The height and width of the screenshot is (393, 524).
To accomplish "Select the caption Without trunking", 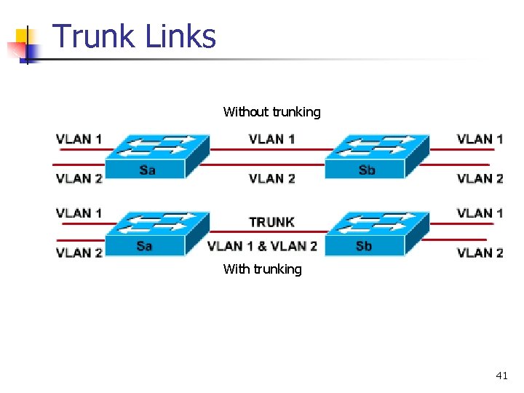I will pyautogui.click(x=271, y=112).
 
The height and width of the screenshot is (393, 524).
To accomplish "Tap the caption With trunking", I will pyautogui.click(x=262, y=269).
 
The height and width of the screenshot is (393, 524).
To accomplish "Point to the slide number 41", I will pyautogui.click(x=501, y=376).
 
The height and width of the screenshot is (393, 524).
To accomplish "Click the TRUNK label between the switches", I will pyautogui.click(x=271, y=222).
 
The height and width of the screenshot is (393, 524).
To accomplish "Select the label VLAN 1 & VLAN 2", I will pyautogui.click(x=262, y=246).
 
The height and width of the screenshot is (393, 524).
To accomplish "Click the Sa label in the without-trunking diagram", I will pyautogui.click(x=147, y=170).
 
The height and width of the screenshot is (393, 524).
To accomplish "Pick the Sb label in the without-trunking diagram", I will pyautogui.click(x=367, y=170).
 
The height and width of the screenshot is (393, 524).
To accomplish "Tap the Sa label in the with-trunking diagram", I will pyautogui.click(x=144, y=246).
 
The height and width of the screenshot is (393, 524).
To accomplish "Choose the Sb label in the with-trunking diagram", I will pyautogui.click(x=364, y=246).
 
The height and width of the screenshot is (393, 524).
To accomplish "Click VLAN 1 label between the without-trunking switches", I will pyautogui.click(x=271, y=139).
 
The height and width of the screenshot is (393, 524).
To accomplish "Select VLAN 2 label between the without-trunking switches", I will pyautogui.click(x=271, y=178).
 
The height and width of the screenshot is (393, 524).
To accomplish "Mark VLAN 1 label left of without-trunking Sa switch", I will pyautogui.click(x=79, y=139).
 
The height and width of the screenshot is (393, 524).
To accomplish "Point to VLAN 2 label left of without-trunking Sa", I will pyautogui.click(x=79, y=178).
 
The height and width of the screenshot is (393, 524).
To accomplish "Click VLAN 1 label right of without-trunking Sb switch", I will pyautogui.click(x=480, y=139).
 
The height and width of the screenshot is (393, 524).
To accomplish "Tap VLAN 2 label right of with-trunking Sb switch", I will pyautogui.click(x=480, y=253).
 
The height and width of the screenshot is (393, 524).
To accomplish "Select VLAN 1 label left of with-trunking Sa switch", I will pyautogui.click(x=79, y=213).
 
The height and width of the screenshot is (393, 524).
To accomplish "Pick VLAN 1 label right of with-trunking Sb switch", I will pyautogui.click(x=480, y=213).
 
